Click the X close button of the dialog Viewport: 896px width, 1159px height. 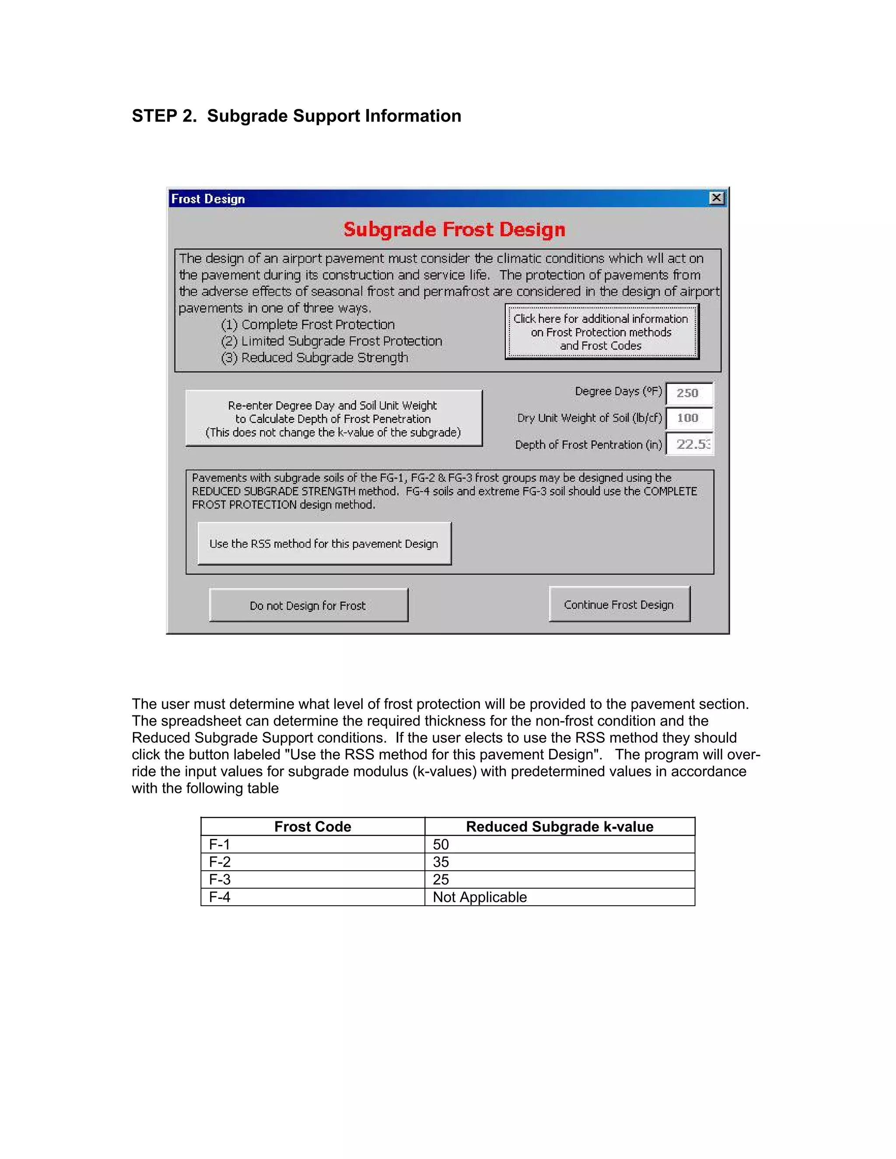(716, 198)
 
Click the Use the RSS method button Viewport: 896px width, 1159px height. (324, 543)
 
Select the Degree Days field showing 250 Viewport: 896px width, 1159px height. (689, 393)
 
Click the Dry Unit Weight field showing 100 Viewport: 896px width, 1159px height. (689, 418)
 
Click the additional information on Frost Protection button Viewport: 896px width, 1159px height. (602, 332)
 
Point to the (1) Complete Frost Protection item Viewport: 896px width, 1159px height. (308, 324)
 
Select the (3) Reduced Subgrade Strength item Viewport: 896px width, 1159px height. (314, 358)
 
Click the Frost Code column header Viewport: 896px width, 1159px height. (313, 827)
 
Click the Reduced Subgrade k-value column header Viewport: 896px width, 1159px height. (560, 827)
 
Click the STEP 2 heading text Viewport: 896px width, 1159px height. (296, 116)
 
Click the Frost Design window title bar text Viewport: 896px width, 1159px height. (208, 199)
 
